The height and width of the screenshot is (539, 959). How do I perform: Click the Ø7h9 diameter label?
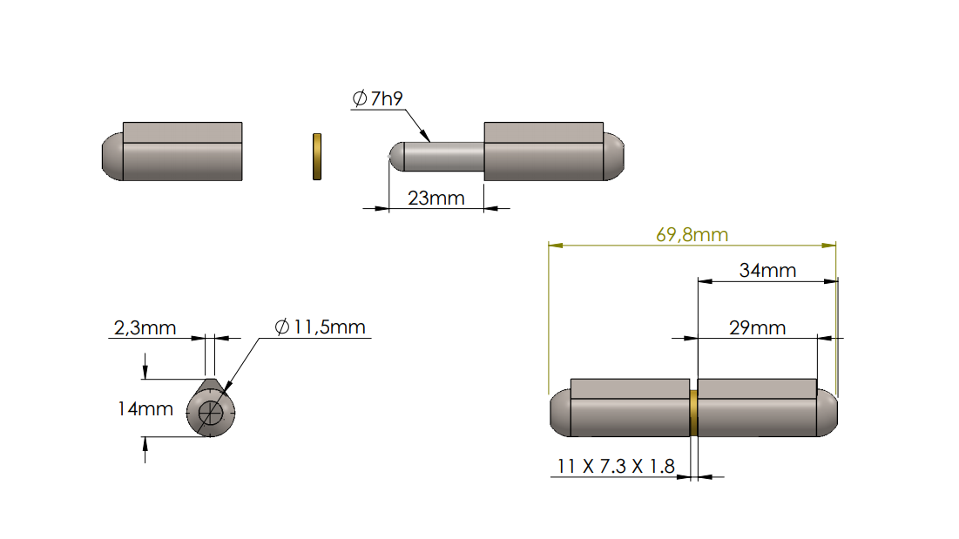[x=377, y=98]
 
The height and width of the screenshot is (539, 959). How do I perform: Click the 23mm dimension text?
[x=436, y=199]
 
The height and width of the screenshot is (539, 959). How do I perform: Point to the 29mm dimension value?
[x=757, y=327]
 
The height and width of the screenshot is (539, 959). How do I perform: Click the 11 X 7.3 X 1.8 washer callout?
[x=615, y=467]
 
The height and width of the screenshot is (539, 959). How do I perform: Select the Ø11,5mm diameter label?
[x=320, y=327]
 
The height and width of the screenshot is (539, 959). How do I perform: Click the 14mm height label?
[x=145, y=408]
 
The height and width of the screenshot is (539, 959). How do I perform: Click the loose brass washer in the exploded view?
[x=317, y=157]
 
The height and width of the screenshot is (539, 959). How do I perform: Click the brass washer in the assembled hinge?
[x=693, y=413]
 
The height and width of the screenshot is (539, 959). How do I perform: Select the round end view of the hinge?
[x=210, y=411]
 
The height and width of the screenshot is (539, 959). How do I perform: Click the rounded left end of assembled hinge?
[x=560, y=414]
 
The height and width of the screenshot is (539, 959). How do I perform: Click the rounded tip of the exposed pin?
[x=395, y=157]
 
